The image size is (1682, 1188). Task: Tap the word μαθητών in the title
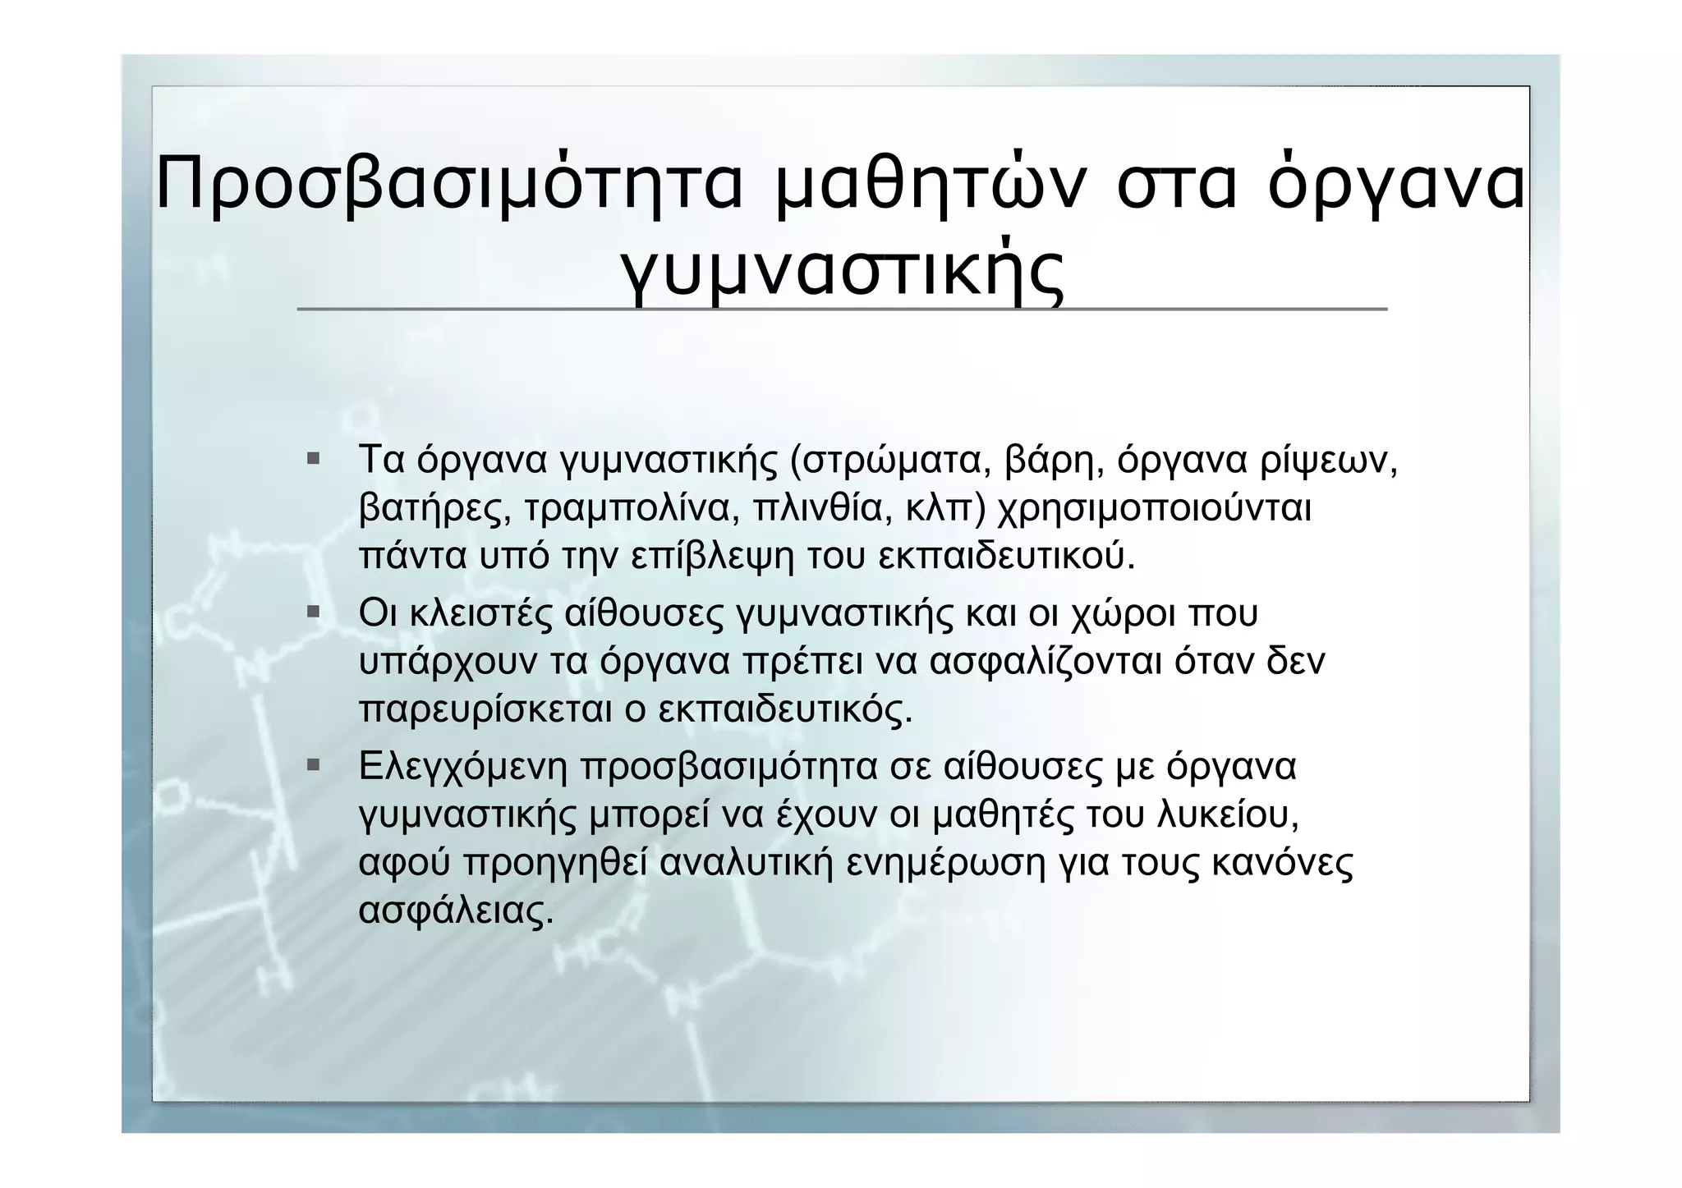click(931, 185)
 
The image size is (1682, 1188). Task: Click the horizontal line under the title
click(843, 310)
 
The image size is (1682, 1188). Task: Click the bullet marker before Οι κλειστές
click(313, 612)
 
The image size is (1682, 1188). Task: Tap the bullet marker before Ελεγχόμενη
click(313, 765)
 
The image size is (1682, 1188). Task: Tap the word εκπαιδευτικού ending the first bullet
click(1007, 557)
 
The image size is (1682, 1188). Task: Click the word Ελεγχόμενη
click(463, 767)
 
